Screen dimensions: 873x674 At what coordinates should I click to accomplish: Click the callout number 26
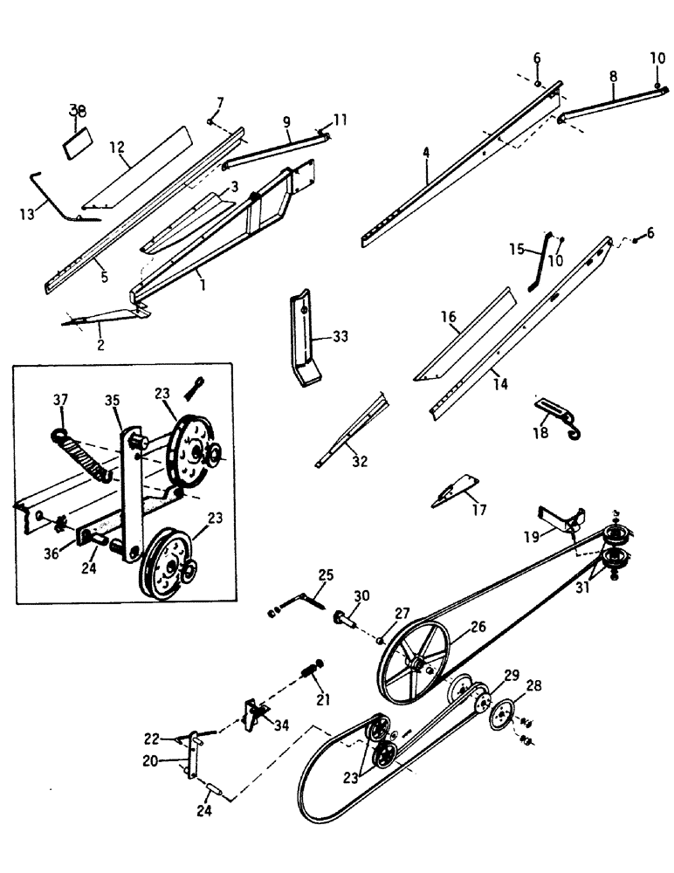click(479, 626)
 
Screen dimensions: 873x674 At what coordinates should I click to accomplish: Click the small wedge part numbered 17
click(456, 492)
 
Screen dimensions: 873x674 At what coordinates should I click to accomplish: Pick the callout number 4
click(425, 152)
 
